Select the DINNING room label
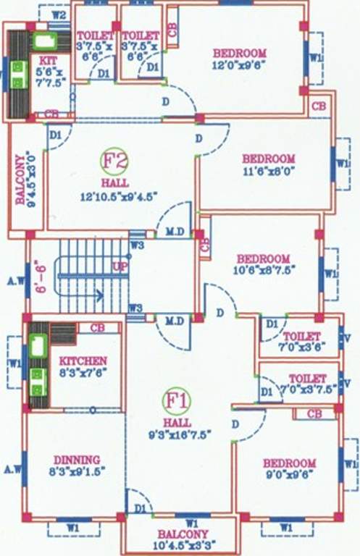click(x=76, y=459)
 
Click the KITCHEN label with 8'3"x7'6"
click(x=83, y=361)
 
